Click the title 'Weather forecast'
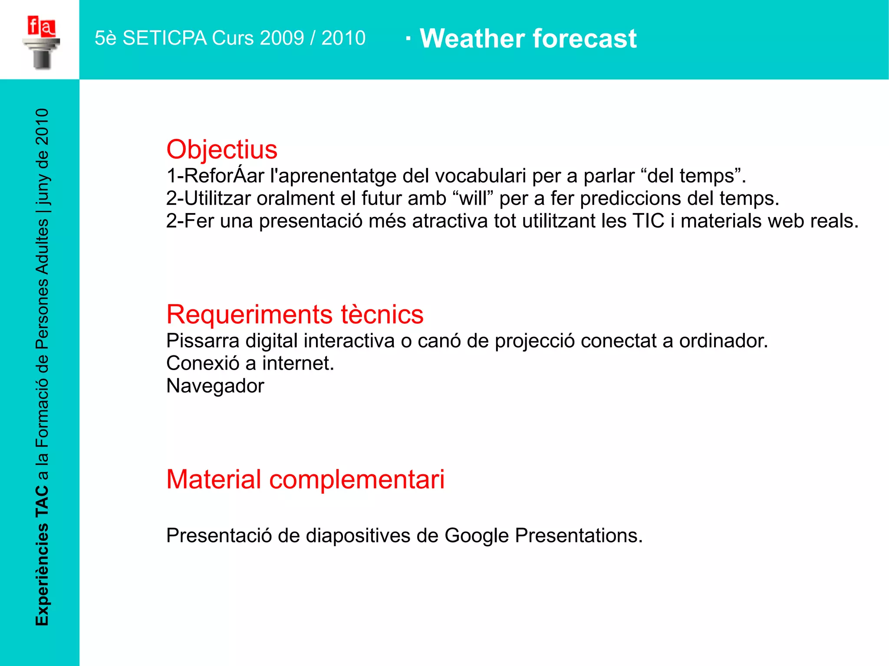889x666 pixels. (528, 39)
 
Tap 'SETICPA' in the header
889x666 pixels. (165, 38)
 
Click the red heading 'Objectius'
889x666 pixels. (221, 150)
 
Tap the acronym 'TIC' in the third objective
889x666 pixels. (649, 221)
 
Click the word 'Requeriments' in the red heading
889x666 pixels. (250, 315)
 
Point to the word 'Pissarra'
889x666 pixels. (203, 341)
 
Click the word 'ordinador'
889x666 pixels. (723, 341)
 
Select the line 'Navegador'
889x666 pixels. (215, 386)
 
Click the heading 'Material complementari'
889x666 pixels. (305, 480)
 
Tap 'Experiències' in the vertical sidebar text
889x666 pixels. (42, 574)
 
